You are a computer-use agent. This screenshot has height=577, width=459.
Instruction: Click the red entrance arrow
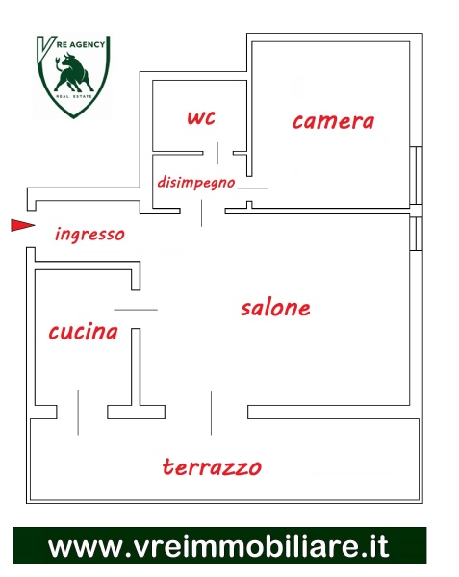(x=23, y=225)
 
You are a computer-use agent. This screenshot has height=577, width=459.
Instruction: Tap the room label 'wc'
(x=201, y=117)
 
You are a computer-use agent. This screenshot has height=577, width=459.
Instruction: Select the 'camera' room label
(x=334, y=121)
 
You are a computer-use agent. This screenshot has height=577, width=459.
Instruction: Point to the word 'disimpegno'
(x=196, y=183)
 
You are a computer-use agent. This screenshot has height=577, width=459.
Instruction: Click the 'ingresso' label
(x=89, y=235)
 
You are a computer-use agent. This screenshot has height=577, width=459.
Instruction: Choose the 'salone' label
(x=276, y=308)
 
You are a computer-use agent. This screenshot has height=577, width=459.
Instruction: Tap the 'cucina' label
(x=83, y=331)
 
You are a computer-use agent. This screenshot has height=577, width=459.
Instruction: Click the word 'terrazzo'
(x=212, y=466)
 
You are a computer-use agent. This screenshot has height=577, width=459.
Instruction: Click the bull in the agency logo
(x=74, y=72)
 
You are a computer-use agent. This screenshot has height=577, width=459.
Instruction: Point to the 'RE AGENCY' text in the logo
(x=81, y=44)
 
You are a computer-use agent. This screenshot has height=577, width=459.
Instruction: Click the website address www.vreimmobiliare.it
(x=218, y=546)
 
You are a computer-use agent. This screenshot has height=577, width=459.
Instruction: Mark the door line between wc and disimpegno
(x=217, y=153)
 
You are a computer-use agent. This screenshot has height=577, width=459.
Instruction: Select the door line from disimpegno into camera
(x=252, y=188)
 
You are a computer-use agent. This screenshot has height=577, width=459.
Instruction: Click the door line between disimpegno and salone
(x=201, y=213)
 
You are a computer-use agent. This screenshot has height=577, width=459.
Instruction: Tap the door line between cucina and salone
(x=136, y=310)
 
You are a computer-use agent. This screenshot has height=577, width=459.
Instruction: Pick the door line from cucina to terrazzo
(x=78, y=413)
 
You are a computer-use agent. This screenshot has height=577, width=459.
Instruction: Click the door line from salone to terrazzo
(x=212, y=414)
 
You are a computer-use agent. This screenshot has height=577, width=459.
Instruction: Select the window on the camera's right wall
(x=417, y=176)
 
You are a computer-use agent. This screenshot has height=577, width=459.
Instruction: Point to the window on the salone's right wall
(x=417, y=234)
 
